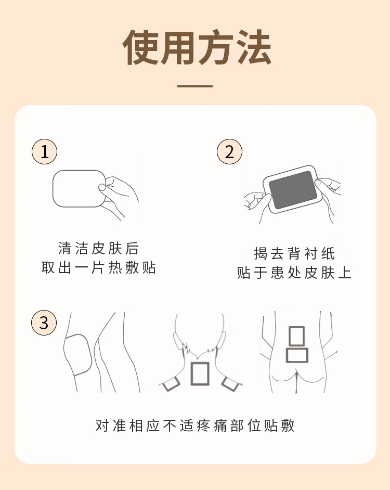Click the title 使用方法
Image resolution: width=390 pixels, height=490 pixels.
click(x=197, y=47)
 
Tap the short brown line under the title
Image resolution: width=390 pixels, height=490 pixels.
click(x=195, y=86)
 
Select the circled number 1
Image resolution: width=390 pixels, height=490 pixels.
click(x=44, y=152)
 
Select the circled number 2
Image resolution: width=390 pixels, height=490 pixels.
click(x=230, y=152)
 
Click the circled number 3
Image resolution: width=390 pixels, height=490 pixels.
click(x=44, y=323)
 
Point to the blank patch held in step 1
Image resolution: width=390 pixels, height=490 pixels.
click(x=79, y=188)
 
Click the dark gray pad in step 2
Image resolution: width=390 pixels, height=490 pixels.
click(x=292, y=190)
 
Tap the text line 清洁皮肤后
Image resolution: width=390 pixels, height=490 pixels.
click(x=98, y=249)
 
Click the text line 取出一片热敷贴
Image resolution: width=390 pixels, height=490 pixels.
click(x=98, y=268)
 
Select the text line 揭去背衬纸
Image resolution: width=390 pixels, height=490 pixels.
click(x=294, y=253)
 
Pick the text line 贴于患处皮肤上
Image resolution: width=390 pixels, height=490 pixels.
click(x=294, y=273)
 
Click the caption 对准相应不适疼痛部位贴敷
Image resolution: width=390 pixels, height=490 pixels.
click(x=195, y=425)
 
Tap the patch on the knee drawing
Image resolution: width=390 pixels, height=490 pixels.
click(x=78, y=355)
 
